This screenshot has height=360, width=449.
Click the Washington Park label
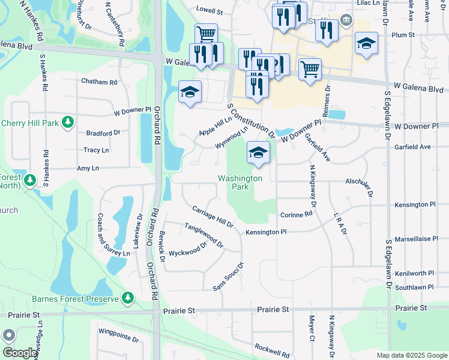[240, 182]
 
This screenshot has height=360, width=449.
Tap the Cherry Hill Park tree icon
[68, 122]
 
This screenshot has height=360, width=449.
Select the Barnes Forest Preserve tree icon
[127, 297]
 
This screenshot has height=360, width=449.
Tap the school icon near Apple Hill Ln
[190, 92]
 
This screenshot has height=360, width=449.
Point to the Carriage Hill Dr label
[212, 217]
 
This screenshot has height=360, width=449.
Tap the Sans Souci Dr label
[229, 277]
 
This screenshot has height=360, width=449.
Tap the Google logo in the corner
[19, 353]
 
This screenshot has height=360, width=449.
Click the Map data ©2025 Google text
[411, 355]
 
